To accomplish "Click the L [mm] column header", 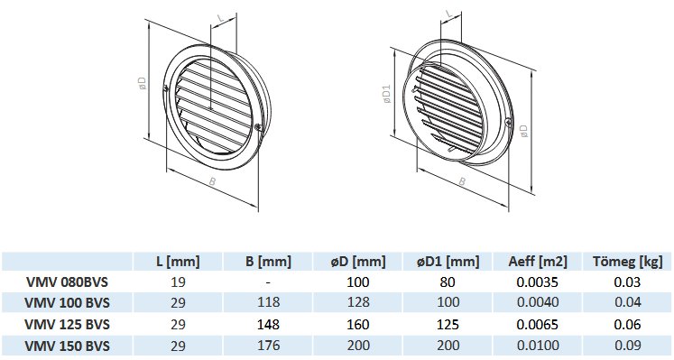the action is tap(178, 261).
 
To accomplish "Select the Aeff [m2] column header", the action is tap(538, 261).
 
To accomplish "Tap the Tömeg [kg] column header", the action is tap(628, 261).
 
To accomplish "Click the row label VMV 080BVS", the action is tap(67, 282).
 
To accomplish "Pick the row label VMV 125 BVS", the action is tap(67, 324).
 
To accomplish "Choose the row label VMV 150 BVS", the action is tap(67, 346).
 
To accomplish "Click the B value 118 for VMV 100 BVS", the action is tap(268, 302).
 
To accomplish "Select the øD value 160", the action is tap(358, 324).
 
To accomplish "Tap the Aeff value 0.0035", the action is tap(538, 282).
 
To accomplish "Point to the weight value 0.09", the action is tap(628, 346).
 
